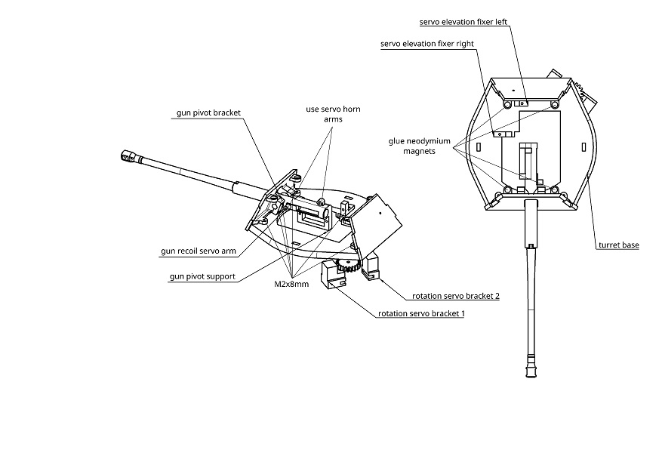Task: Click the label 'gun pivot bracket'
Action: click(208, 112)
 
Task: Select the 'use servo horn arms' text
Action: click(333, 114)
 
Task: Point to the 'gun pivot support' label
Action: click(202, 277)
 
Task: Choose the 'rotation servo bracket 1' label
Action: click(420, 313)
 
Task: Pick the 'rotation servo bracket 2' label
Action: click(455, 296)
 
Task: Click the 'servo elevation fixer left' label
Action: click(464, 23)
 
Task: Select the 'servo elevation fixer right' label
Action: click(427, 44)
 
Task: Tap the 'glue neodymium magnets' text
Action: click(419, 146)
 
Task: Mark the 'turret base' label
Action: click(618, 245)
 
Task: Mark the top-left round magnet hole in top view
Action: click(505, 103)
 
